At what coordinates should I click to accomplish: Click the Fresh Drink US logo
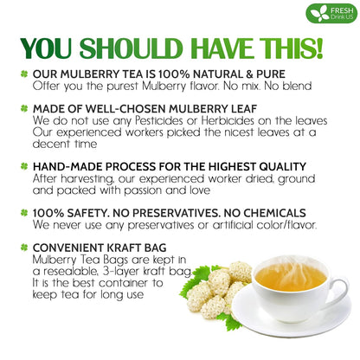click(331, 13)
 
